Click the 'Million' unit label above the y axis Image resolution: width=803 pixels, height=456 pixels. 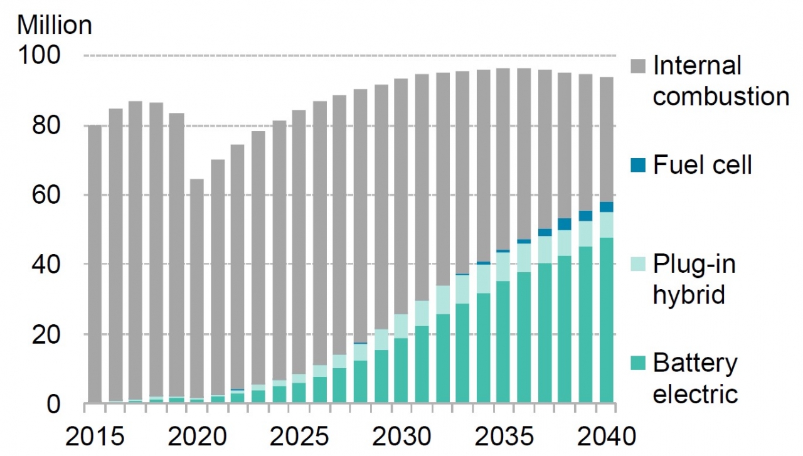pos(55,25)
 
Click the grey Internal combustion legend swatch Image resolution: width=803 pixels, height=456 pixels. pos(637,65)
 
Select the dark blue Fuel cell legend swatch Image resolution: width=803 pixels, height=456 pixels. pos(637,165)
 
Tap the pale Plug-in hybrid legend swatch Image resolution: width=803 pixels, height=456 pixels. pos(637,264)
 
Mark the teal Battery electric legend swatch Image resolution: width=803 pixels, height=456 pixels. pos(637,364)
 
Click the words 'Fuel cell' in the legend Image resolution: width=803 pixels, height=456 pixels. pos(702,165)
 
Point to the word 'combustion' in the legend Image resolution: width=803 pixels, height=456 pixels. pos(721,97)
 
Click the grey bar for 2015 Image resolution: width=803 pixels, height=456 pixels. pos(95,263)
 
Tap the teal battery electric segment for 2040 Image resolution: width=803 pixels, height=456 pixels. pos(607,321)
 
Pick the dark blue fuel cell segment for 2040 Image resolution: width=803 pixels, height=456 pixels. pos(607,207)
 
